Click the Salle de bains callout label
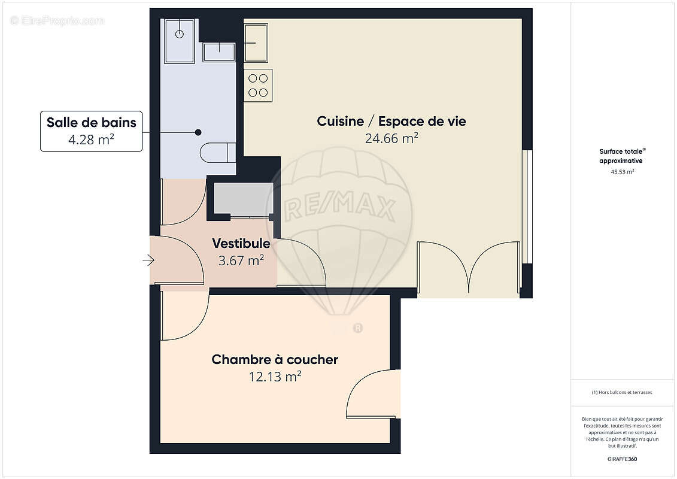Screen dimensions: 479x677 [x=92, y=123]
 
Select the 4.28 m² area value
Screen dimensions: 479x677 [x=92, y=140]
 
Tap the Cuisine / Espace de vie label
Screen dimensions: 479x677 [x=391, y=122]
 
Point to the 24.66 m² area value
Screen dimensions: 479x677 [x=391, y=138]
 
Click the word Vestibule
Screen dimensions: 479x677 [x=241, y=244]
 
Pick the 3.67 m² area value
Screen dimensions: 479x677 [x=241, y=260]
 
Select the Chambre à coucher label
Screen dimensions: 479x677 [x=275, y=360]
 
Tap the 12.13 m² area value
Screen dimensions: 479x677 [x=275, y=377]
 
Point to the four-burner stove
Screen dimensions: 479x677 [x=258, y=85]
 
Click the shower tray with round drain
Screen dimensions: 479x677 [x=179, y=40]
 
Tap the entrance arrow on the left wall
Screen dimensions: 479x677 [x=148, y=260]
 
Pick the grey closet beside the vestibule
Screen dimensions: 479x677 [x=243, y=199]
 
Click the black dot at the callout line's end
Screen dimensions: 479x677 [x=198, y=132]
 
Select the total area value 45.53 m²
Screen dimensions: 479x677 [x=623, y=171]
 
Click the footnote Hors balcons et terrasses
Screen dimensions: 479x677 [x=623, y=392]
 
